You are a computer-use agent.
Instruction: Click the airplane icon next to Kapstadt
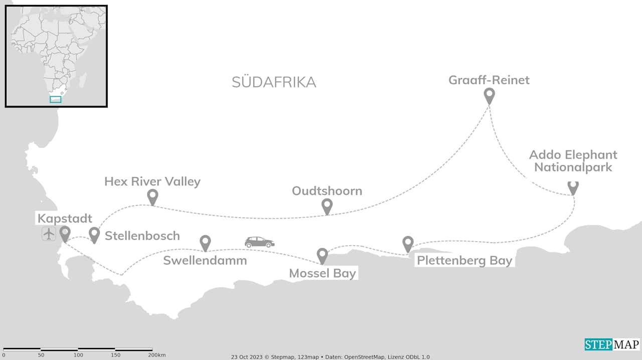pyautogui.click(x=49, y=234)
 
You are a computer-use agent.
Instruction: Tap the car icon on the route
pyautogui.click(x=259, y=242)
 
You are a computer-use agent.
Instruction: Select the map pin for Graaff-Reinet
pyautogui.click(x=489, y=95)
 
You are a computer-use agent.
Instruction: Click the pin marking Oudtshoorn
pyautogui.click(x=327, y=206)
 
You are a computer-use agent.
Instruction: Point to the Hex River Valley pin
pyautogui.click(x=152, y=196)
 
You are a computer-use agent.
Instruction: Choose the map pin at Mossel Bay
pyautogui.click(x=323, y=255)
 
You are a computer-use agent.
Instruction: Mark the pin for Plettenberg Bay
pyautogui.click(x=408, y=243)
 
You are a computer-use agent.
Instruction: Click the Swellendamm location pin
pyautogui.click(x=205, y=242)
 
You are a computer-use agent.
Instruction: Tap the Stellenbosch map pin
pyautogui.click(x=94, y=234)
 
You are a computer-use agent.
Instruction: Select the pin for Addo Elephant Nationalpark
pyautogui.click(x=573, y=188)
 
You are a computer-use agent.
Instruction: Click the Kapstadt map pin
pyautogui.click(x=65, y=233)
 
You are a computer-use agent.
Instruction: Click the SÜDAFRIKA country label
pyautogui.click(x=274, y=82)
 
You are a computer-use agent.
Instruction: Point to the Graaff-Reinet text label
pyautogui.click(x=489, y=80)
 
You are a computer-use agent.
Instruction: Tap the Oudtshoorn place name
pyautogui.click(x=327, y=191)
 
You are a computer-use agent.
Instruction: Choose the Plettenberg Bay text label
pyautogui.click(x=464, y=261)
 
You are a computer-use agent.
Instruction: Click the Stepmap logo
pyautogui.click(x=612, y=344)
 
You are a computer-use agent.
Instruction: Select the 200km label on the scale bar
pyautogui.click(x=157, y=355)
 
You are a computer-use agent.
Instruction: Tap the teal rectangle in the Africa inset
pyautogui.click(x=56, y=99)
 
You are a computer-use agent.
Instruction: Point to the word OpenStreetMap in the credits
pyautogui.click(x=366, y=357)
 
